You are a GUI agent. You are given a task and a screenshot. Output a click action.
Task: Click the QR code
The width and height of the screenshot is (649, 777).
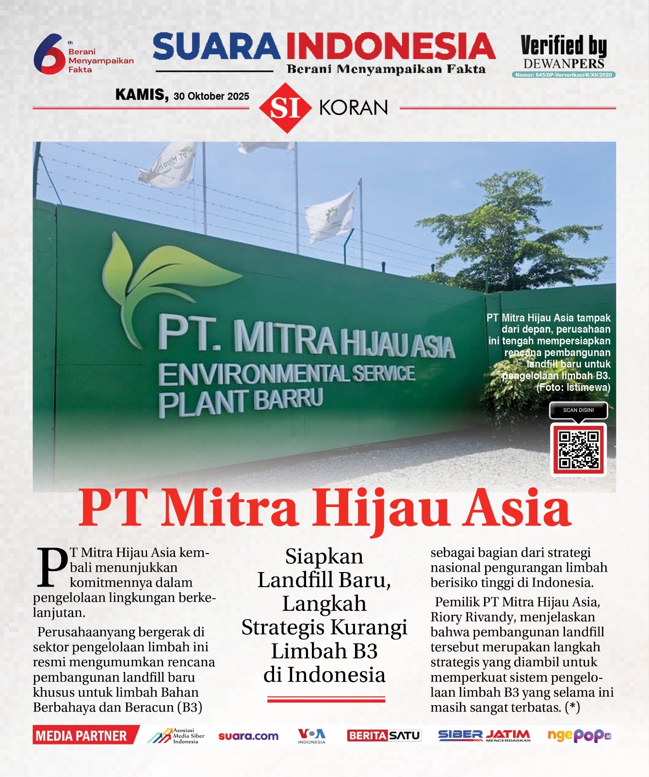point(579,449)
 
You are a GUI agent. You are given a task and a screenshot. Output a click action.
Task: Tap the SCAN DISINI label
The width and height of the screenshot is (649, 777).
point(578,410)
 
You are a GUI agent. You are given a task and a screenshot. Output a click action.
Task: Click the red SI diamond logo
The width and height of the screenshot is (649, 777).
point(285,108)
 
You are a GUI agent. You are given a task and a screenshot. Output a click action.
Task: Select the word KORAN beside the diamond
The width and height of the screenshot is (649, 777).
point(354,108)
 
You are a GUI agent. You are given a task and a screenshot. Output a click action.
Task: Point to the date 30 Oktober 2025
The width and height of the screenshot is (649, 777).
point(211,96)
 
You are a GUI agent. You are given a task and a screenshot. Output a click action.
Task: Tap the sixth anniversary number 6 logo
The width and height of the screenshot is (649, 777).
point(49,54)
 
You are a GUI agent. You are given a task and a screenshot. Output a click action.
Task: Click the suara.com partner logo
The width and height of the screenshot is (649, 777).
point(248,736)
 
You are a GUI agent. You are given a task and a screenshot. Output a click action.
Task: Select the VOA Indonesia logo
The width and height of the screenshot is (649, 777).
point(311,736)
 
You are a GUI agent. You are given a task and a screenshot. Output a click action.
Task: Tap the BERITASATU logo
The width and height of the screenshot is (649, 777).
point(384,736)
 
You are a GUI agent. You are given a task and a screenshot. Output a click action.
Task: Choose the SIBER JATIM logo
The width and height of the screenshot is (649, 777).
point(484,736)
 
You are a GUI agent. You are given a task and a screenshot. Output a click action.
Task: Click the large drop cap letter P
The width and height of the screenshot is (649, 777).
point(52,567)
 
